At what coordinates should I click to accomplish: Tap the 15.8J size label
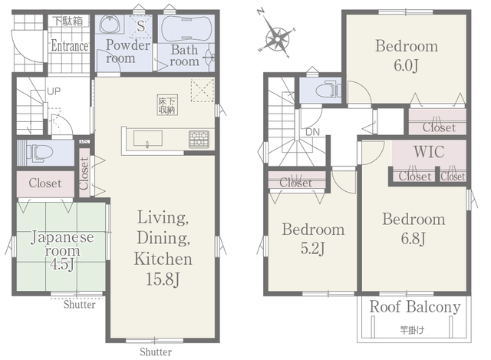pyautogui.click(x=163, y=279)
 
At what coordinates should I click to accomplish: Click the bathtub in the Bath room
pyautogui.click(x=186, y=28)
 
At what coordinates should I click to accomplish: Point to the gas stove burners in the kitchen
pyautogui.click(x=199, y=139)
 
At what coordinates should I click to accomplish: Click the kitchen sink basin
pyautogui.click(x=148, y=138)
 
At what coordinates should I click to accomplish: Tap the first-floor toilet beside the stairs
pyautogui.click(x=39, y=153)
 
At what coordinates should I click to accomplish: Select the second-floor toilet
pyautogui.click(x=328, y=91)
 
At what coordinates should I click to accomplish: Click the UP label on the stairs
pyautogui.click(x=54, y=91)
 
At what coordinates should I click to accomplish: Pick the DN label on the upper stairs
pyautogui.click(x=312, y=132)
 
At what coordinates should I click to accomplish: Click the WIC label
pyautogui.click(x=429, y=152)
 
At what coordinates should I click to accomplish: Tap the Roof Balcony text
pyautogui.click(x=415, y=307)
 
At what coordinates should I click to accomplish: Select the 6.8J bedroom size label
pyautogui.click(x=414, y=239)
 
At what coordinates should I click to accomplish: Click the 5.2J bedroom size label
pyautogui.click(x=313, y=249)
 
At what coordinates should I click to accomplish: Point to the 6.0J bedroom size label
pyautogui.click(x=406, y=66)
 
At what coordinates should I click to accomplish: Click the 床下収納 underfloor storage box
pyautogui.click(x=167, y=105)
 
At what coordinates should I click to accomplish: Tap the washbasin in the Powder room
pyautogui.click(x=110, y=24)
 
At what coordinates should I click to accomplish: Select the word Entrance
pyautogui.click(x=70, y=46)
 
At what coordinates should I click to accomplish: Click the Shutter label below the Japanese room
pyautogui.click(x=80, y=305)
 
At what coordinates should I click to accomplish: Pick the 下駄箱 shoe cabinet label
pyautogui.click(x=68, y=21)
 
